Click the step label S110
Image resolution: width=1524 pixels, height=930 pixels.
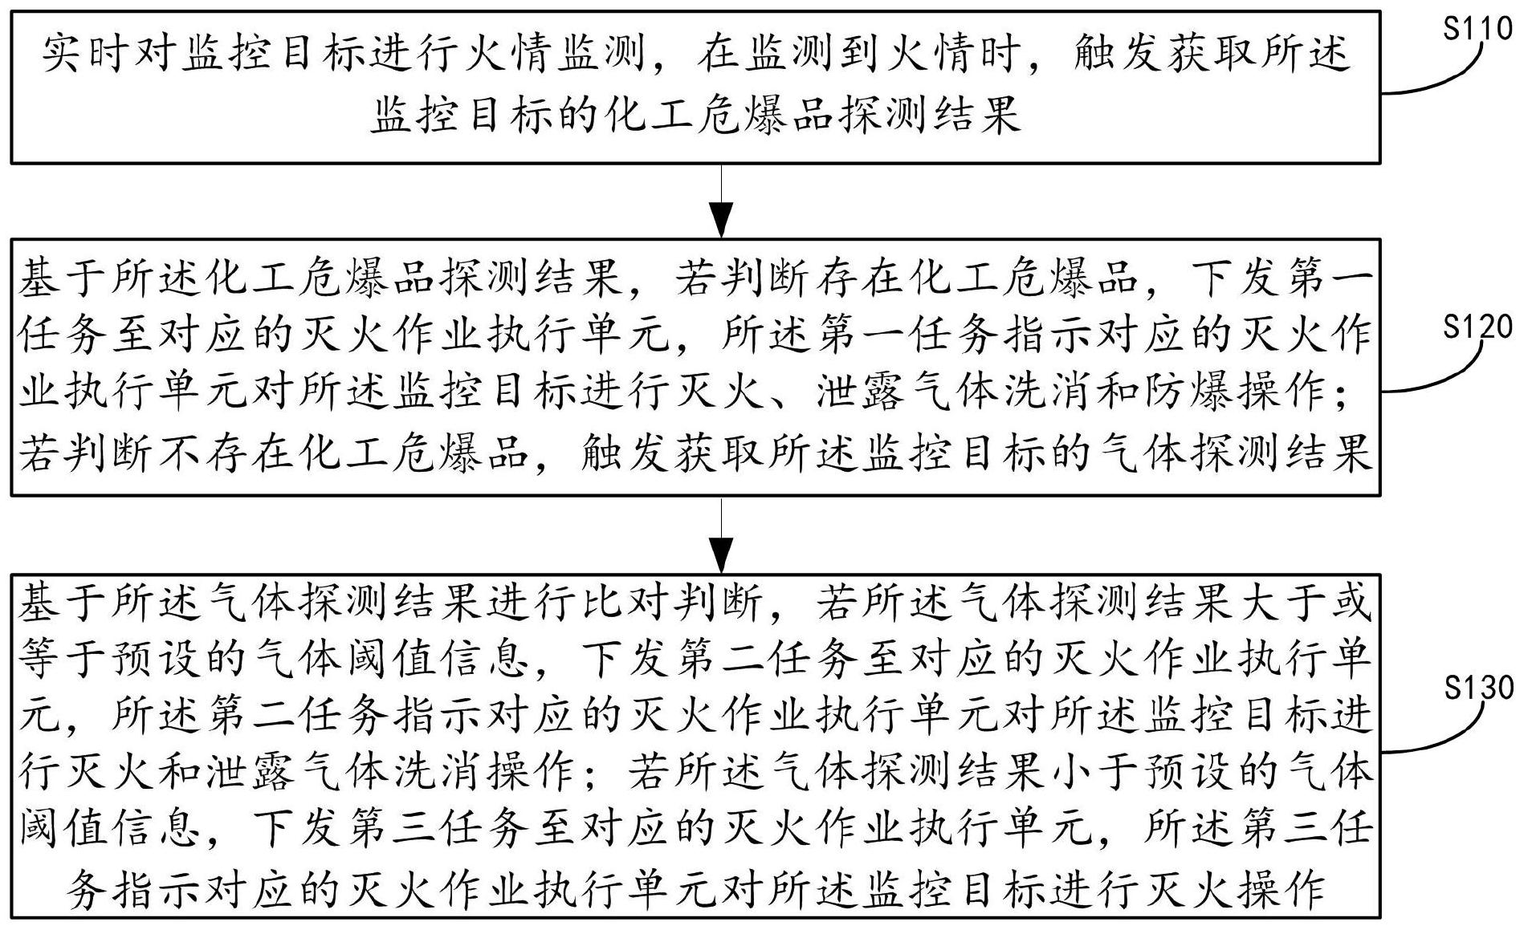1477,30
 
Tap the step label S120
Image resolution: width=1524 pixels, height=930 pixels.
1477,328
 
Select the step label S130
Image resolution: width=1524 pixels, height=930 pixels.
1477,688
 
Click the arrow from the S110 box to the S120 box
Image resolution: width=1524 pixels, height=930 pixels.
722,201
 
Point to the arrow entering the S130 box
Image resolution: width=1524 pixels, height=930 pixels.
722,535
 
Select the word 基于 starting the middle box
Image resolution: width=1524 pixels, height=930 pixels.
64,277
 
